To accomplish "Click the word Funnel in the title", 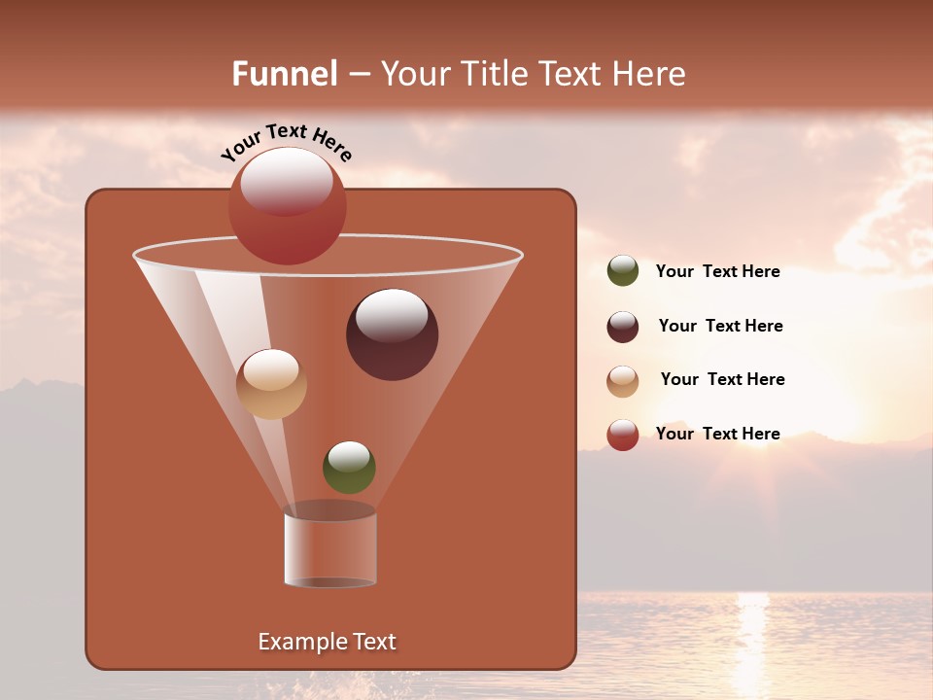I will (x=284, y=74).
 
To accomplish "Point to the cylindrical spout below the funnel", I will (x=329, y=549).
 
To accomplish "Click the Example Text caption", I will (x=327, y=642).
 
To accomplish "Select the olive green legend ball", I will (x=623, y=271).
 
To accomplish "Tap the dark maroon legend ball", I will (x=623, y=327).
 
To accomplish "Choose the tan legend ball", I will (x=623, y=381).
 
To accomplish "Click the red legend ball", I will (x=623, y=435).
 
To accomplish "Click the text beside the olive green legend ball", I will (x=717, y=271).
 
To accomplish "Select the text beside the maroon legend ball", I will (x=720, y=326).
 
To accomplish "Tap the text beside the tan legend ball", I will (x=722, y=379).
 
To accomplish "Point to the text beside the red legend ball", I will (x=717, y=434).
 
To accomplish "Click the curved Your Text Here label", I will (x=286, y=141).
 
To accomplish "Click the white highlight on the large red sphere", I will (x=287, y=181).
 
